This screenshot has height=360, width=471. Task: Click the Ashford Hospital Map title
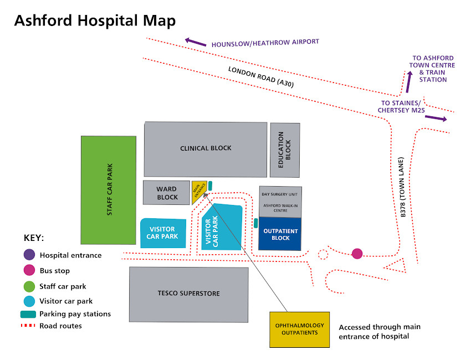(x=95, y=20)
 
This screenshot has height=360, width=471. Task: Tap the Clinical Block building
(x=206, y=148)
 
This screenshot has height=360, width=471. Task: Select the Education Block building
(x=285, y=150)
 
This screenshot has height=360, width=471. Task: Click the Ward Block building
(x=166, y=193)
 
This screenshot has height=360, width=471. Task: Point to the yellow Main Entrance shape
(x=199, y=191)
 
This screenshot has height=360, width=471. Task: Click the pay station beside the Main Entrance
(x=210, y=186)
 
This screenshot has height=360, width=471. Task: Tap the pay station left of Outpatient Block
(x=255, y=223)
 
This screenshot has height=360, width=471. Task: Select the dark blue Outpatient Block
(x=280, y=234)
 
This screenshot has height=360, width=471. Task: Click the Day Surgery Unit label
(x=280, y=195)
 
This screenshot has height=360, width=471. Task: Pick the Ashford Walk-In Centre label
(x=280, y=208)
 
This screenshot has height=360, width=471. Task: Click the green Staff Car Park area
(x=109, y=190)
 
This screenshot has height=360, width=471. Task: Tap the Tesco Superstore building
(x=188, y=294)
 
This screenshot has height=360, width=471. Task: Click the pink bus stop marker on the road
(x=357, y=254)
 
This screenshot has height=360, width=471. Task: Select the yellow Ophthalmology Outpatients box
(x=299, y=329)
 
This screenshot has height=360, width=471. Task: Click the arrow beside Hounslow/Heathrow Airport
(x=195, y=42)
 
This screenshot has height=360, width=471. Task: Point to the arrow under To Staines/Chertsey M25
(x=436, y=118)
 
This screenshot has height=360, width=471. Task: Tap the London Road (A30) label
(x=260, y=77)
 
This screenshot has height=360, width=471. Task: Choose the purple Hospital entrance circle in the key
(x=29, y=255)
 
